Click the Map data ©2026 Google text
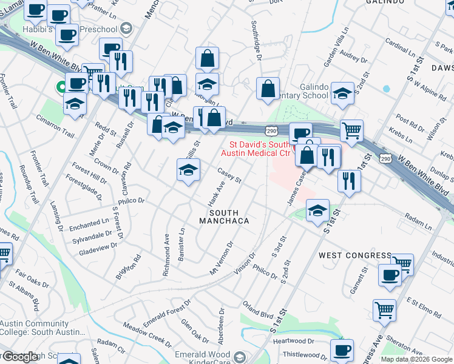416,359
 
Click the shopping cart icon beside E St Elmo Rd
384,310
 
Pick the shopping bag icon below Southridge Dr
268,89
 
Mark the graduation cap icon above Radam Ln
317,211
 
